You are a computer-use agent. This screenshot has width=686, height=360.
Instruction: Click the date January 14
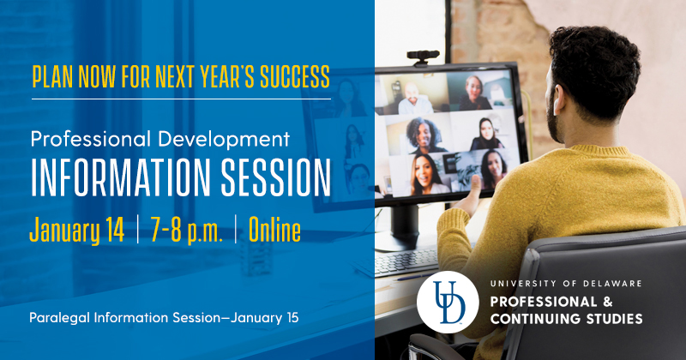(x=77, y=230)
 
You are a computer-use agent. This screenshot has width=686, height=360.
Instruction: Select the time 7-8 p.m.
(x=186, y=230)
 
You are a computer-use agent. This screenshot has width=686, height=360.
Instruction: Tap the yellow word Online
(x=274, y=230)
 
